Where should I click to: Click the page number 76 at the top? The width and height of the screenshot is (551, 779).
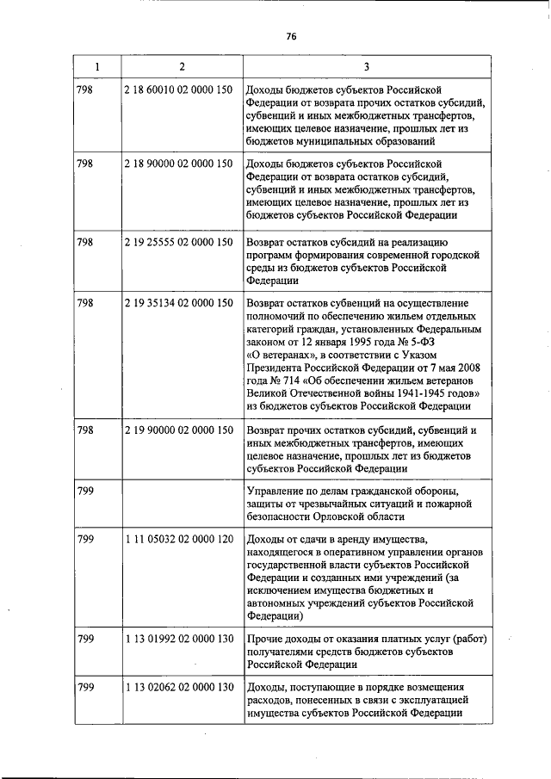coord(290,36)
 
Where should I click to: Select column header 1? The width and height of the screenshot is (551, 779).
coord(96,66)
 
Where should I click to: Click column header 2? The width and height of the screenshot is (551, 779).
coord(181,66)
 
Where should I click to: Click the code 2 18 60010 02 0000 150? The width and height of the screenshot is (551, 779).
coord(178,90)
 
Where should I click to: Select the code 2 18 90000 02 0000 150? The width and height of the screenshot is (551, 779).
coord(178,164)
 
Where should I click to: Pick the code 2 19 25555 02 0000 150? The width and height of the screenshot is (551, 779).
coord(178,242)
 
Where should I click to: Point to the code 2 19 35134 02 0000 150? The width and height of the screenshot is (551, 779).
coord(178,303)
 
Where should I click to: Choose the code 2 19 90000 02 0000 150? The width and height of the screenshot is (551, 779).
coord(178,429)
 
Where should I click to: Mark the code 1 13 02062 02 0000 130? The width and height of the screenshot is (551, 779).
coord(178,687)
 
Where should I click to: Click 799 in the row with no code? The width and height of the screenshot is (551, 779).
coord(85,491)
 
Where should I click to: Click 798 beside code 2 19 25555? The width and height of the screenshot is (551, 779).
coord(85,242)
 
